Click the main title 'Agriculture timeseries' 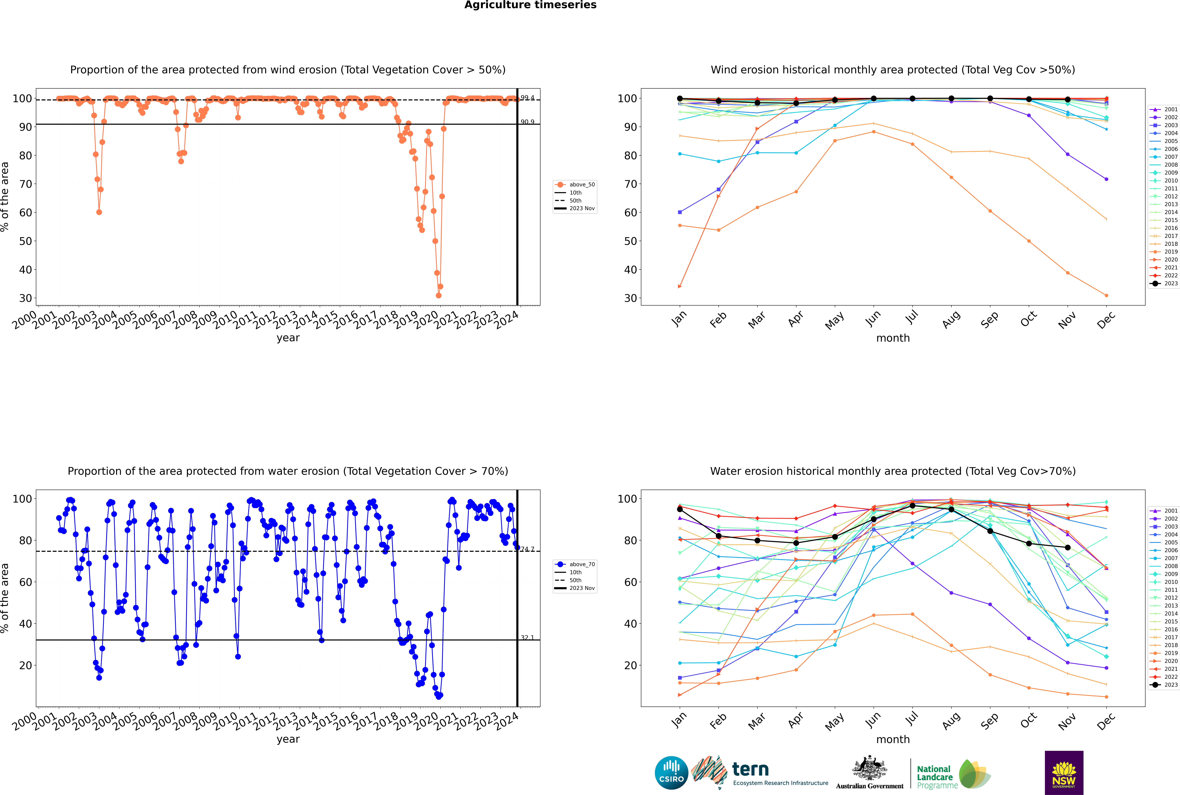click(x=530, y=5)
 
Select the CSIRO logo click(x=671, y=773)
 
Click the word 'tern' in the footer click(x=750, y=770)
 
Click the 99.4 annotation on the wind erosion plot click(x=527, y=98)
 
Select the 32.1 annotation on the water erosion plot click(x=527, y=638)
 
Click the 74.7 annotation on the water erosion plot click(x=527, y=549)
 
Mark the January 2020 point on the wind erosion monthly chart click(x=680, y=287)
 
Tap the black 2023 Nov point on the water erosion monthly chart click(x=1067, y=548)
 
